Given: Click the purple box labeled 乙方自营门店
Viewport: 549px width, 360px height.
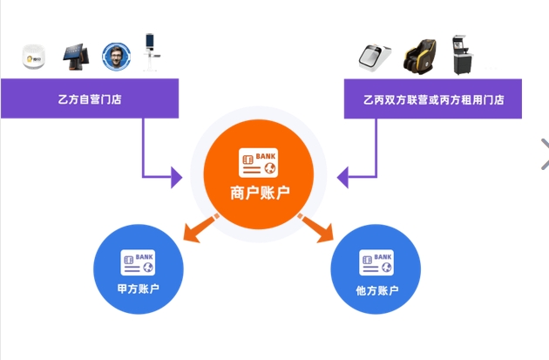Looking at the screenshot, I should click(x=90, y=98).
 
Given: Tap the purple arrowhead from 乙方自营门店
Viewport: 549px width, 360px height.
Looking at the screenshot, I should click(x=178, y=178).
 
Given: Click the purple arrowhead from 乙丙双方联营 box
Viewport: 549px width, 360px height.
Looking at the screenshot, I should click(x=342, y=178).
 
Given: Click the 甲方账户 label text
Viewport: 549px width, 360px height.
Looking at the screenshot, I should click(x=138, y=289).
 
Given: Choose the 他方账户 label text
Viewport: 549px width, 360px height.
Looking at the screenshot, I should click(x=377, y=289).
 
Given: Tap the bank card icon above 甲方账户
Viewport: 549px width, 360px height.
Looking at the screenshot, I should click(x=138, y=262).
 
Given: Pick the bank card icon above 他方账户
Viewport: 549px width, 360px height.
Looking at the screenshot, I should click(x=377, y=262).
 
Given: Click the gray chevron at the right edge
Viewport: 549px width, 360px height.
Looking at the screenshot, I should click(x=544, y=153).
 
